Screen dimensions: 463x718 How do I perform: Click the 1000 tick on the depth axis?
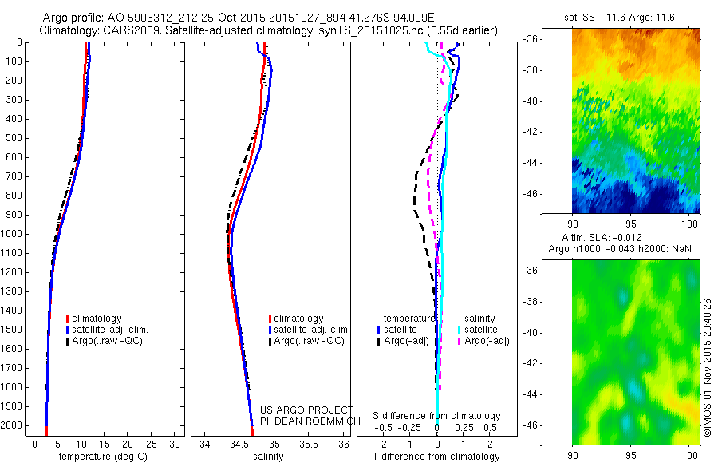[16, 234]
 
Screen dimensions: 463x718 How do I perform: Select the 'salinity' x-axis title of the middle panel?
[267, 457]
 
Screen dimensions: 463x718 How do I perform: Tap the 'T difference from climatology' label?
[437, 457]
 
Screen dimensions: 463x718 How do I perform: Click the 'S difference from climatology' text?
[437, 416]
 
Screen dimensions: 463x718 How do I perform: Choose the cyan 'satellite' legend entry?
[481, 330]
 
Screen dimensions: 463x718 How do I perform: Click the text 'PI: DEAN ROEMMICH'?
[304, 421]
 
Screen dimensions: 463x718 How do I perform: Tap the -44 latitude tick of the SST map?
[555, 163]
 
